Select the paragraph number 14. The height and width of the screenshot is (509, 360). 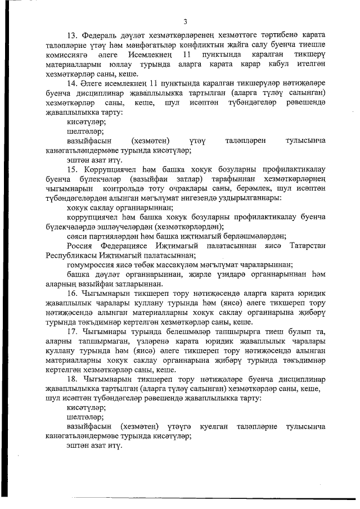coord(71,84)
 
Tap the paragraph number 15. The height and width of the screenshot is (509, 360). coord(71,169)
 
